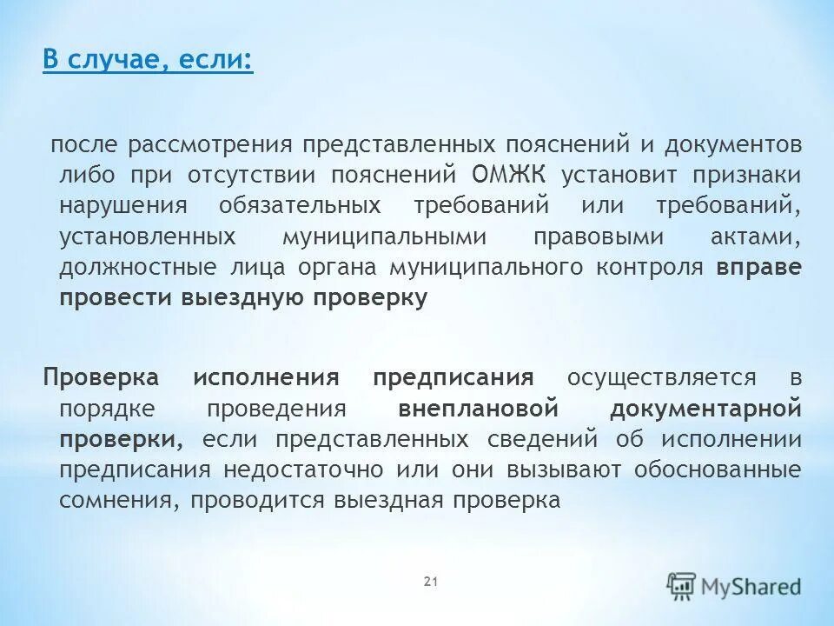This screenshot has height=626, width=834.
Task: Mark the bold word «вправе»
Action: pyautogui.click(x=758, y=268)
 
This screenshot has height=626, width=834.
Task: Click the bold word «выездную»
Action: pyautogui.click(x=241, y=299)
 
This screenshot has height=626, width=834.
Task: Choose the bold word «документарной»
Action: pyautogui.click(x=705, y=409)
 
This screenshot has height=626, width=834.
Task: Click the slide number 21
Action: pyautogui.click(x=429, y=581)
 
